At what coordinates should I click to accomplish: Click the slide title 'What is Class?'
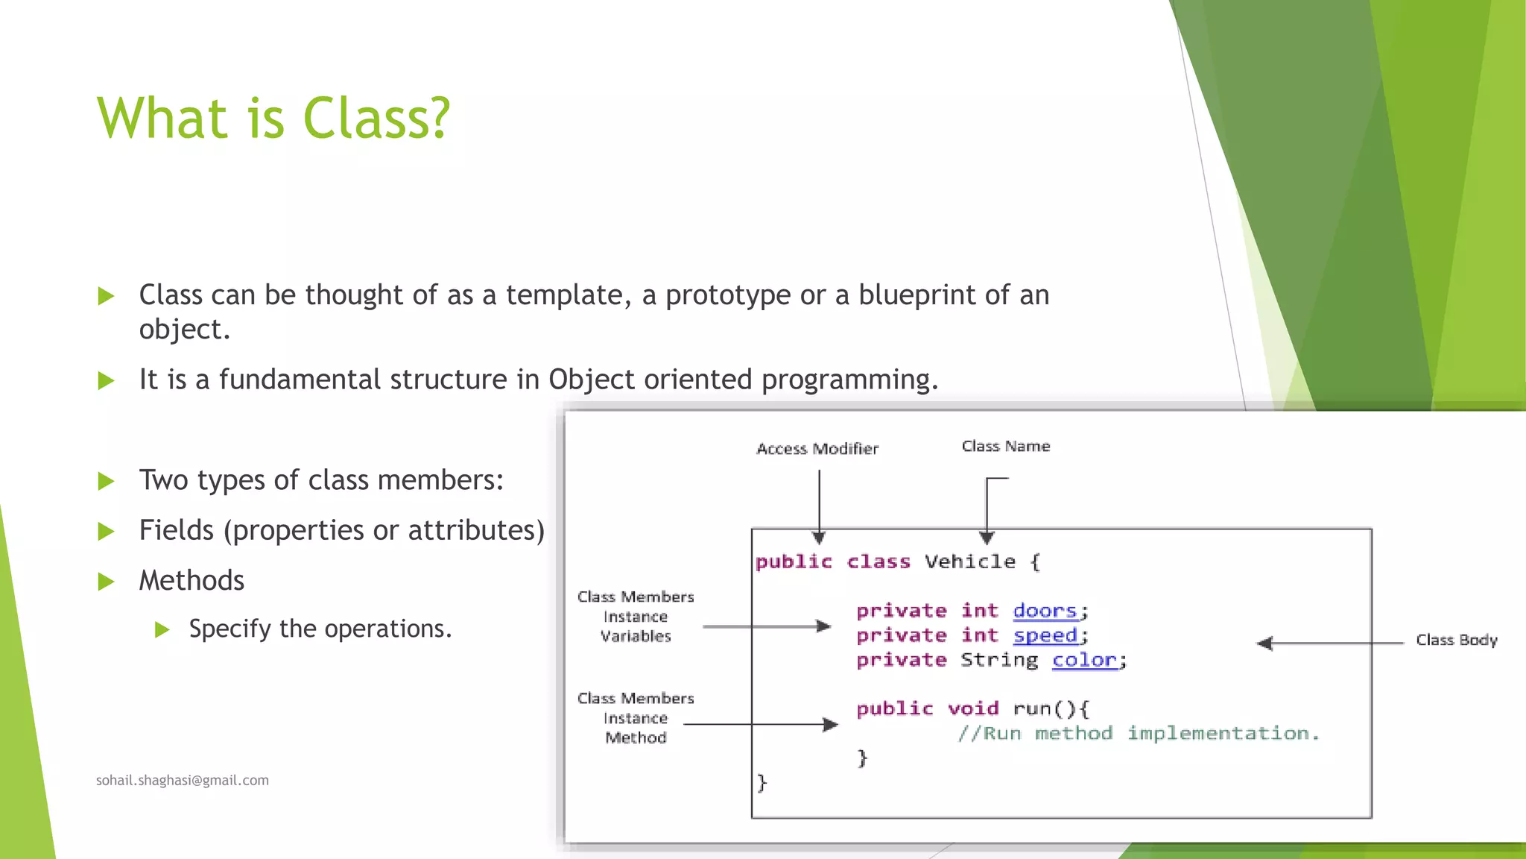tap(273, 118)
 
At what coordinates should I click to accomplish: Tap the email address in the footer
tap(182, 780)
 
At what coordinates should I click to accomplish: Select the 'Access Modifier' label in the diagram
tap(817, 449)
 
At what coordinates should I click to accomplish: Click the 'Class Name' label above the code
tap(1006, 446)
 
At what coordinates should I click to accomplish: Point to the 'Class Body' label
tap(1456, 640)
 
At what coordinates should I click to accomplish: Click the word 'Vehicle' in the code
tap(969, 561)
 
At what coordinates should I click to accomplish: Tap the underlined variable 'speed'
tap(1045, 635)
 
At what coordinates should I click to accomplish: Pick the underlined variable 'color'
tap(1084, 660)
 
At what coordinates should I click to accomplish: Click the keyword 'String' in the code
tap(998, 660)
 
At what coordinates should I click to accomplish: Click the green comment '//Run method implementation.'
tap(1138, 734)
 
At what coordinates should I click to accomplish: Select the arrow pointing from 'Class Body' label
tap(1330, 643)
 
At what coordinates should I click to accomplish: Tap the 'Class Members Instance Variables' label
tap(636, 617)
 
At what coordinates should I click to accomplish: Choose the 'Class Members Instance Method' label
tap(636, 718)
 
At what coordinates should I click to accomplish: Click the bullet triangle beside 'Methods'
tap(106, 582)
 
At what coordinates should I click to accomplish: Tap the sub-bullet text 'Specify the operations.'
tap(320, 629)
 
